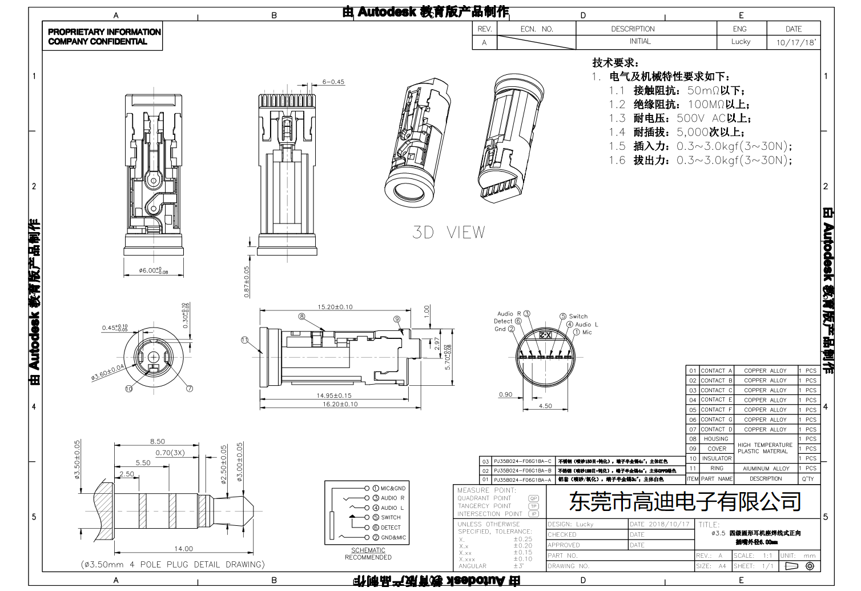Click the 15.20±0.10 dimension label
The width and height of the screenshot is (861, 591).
point(335,307)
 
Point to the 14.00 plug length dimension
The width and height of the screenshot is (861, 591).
point(183,549)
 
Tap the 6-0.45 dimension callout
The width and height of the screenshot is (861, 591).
point(333,82)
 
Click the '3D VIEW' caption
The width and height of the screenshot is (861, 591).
point(449,232)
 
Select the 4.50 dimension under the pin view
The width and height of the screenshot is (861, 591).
point(545,406)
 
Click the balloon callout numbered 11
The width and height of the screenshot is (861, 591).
point(245,340)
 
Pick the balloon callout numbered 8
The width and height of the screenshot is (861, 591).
point(301,317)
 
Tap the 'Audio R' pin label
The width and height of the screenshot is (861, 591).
point(509,314)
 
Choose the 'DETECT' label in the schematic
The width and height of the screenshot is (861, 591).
point(391,528)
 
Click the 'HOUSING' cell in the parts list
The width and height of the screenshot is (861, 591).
point(716,439)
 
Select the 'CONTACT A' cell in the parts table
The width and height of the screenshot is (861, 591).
point(716,371)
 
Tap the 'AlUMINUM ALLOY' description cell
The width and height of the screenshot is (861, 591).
point(766,469)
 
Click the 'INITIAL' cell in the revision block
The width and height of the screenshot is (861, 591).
point(639,42)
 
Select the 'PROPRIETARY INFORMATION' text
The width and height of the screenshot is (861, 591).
point(104,32)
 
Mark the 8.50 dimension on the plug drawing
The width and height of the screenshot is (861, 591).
point(157,441)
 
